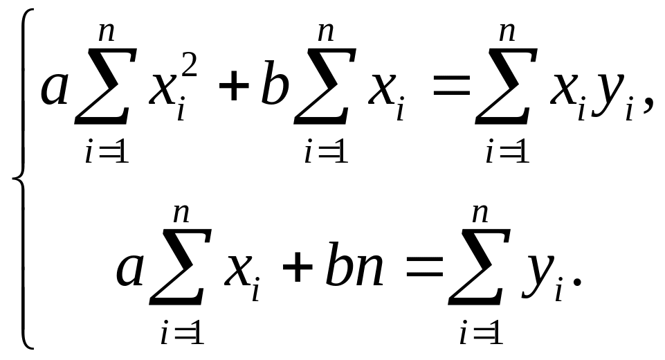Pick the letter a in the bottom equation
[x=130, y=270]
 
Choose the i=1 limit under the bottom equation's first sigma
[x=180, y=334]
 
